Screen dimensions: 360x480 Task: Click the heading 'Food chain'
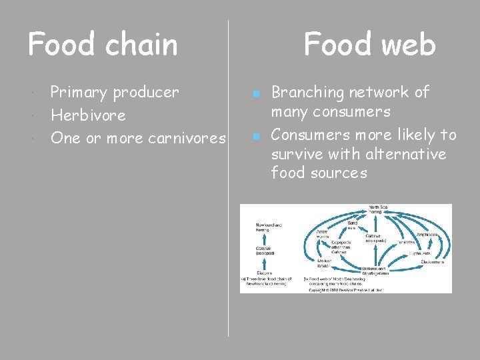(x=103, y=45)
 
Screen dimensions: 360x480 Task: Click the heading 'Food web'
(x=369, y=45)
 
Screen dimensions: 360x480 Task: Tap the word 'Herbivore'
(x=88, y=115)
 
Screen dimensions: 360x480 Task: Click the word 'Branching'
(x=307, y=93)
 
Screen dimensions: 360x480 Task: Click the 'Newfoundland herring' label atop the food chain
(x=269, y=228)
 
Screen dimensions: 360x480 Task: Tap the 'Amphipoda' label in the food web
(x=427, y=235)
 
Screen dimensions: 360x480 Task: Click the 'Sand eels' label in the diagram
(x=353, y=225)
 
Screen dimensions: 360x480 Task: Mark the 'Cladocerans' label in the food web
(x=433, y=262)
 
